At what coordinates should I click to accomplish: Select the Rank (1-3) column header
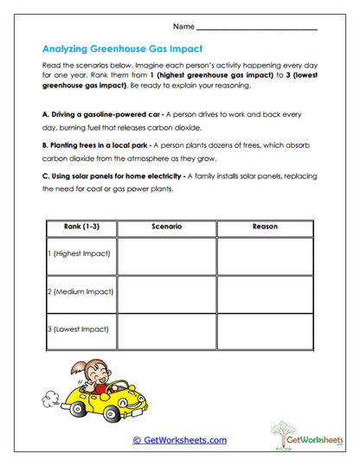pyautogui.click(x=79, y=227)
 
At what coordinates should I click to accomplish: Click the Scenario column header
pyautogui.click(x=166, y=227)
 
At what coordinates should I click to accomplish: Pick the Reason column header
pyautogui.click(x=265, y=227)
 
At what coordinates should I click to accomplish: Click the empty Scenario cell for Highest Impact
pyautogui.click(x=166, y=256)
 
